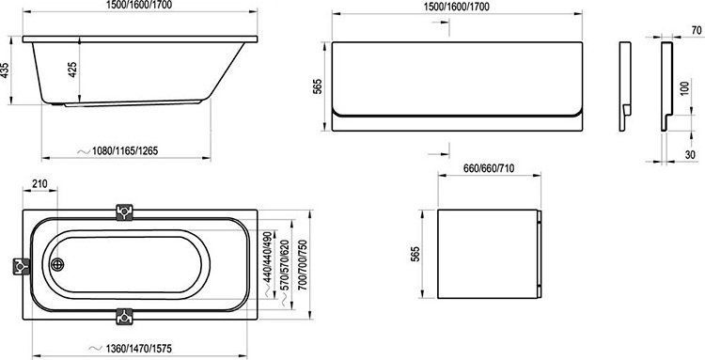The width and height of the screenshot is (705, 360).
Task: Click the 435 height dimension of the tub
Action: pos(8,72)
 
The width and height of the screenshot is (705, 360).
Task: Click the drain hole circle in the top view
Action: pos(56,264)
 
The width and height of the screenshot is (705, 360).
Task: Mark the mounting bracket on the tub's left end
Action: pos(18,267)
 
